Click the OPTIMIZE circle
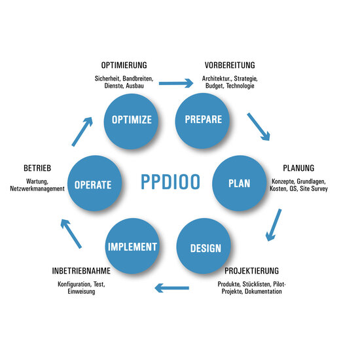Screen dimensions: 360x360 (131, 120)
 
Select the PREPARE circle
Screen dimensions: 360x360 (202, 120)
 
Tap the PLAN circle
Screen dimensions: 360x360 (239, 183)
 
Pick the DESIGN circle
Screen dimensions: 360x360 (204, 245)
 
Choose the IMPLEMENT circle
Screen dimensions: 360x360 (132, 245)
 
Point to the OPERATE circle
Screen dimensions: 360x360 (95, 183)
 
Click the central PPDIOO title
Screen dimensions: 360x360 (170, 182)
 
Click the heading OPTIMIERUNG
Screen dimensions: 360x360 (124, 65)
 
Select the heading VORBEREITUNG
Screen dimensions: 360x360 (230, 65)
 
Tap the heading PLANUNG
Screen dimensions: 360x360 (298, 168)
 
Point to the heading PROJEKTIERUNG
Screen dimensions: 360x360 (251, 271)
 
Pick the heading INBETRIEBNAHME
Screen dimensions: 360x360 (81, 271)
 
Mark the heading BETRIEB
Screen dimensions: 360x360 (37, 168)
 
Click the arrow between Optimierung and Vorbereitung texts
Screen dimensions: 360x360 (176, 83)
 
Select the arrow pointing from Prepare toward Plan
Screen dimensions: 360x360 (259, 126)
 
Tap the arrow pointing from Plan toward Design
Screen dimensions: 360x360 (274, 225)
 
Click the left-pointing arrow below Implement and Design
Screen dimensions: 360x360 (171, 288)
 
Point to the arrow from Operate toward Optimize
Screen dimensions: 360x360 (82, 132)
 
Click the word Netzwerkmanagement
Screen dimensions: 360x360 (37, 189)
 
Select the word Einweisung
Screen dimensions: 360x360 (81, 291)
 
